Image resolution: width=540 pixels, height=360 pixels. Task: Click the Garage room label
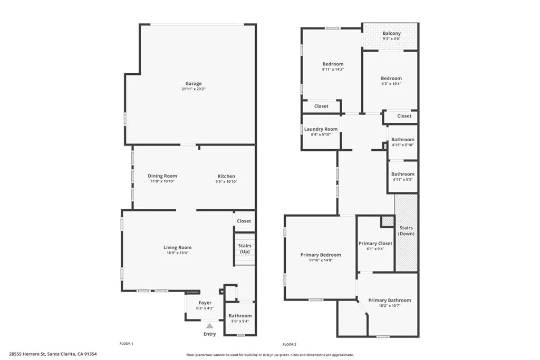[194, 83]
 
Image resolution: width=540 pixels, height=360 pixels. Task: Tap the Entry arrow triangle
[209, 326]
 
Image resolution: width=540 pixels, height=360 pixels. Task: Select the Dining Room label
[162, 176]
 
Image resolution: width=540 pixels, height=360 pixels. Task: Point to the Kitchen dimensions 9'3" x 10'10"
[227, 182]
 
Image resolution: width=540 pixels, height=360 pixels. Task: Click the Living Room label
[177, 247]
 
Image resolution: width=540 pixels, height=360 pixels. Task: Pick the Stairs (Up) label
[245, 248]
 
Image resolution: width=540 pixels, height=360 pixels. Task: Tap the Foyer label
[205, 303]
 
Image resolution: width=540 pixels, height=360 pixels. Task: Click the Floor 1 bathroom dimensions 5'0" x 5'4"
[240, 321]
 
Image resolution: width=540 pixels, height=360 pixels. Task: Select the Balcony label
[392, 33]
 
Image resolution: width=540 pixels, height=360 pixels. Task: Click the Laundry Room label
[321, 129]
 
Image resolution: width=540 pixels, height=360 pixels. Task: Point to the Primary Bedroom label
[321, 255]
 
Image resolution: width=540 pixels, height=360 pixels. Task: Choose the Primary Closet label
[375, 244]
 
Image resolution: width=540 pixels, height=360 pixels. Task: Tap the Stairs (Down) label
[406, 230]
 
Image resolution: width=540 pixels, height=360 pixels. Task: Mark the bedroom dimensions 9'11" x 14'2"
[333, 69]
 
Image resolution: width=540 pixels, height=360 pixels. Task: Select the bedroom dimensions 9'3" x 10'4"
[391, 83]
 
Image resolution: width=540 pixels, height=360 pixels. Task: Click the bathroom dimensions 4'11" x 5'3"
[403, 179]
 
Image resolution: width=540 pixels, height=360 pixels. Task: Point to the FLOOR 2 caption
[290, 344]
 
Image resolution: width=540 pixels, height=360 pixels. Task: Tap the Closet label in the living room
[244, 221]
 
